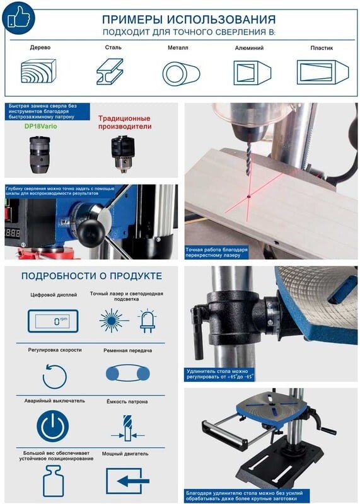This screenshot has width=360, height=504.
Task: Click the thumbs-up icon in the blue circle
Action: pyautogui.click(x=18, y=18)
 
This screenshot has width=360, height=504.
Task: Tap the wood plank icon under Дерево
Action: pyautogui.click(x=38, y=71)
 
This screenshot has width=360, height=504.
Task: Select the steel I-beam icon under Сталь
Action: pyautogui.click(x=110, y=71)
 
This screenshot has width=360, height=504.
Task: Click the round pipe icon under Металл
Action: pyautogui.click(x=181, y=74)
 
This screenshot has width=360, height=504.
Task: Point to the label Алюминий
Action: pyautogui.click(x=249, y=48)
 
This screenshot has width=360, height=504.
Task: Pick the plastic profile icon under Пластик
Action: pyautogui.click(x=322, y=72)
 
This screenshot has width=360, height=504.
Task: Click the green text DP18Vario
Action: pyautogui.click(x=41, y=127)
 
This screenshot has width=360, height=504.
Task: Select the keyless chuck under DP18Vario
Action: pyautogui.click(x=39, y=154)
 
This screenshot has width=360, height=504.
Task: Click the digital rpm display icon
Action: pyautogui.click(x=53, y=321)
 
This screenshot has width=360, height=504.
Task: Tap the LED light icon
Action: pyautogui.click(x=147, y=321)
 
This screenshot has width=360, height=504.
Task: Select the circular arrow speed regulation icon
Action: pyautogui.click(x=55, y=376)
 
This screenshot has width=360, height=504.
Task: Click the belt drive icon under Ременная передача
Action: pyautogui.click(x=128, y=373)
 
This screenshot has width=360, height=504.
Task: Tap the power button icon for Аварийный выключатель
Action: pyautogui.click(x=52, y=427)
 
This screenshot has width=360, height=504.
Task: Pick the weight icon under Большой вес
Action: pyautogui.click(x=54, y=481)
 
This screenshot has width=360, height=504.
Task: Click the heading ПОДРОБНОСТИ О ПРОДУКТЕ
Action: pyautogui.click(x=91, y=276)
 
